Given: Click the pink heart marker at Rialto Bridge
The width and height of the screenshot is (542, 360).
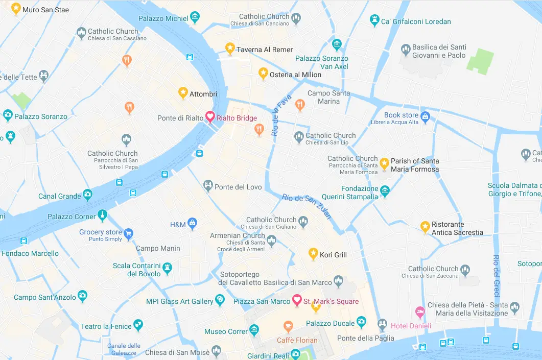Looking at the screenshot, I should (209, 116).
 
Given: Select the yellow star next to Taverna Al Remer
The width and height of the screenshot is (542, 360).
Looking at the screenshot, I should (230, 48).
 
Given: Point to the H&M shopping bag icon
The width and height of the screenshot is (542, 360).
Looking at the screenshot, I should (192, 223).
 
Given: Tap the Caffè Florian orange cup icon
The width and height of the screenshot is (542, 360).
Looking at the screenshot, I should (288, 325).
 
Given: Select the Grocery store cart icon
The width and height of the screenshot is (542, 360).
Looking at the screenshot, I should (128, 233).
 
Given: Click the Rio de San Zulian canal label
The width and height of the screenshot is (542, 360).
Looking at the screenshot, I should (307, 206).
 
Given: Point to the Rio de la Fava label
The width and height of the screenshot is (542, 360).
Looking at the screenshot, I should (281, 115).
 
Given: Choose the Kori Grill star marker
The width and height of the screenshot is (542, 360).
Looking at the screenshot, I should (313, 253).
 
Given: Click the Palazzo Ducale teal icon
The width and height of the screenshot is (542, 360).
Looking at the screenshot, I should (361, 322).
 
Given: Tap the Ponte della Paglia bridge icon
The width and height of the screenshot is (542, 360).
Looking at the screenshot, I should (382, 324).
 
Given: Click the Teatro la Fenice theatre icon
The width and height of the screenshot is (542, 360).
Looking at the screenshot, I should (138, 325).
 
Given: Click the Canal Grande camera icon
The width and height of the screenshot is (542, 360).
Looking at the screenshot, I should (88, 195).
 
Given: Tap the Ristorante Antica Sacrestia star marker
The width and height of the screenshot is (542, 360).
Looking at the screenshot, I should (425, 226).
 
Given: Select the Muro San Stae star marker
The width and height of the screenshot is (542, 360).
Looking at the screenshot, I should (16, 8).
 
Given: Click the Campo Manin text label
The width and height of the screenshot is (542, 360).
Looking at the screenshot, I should (158, 249).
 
